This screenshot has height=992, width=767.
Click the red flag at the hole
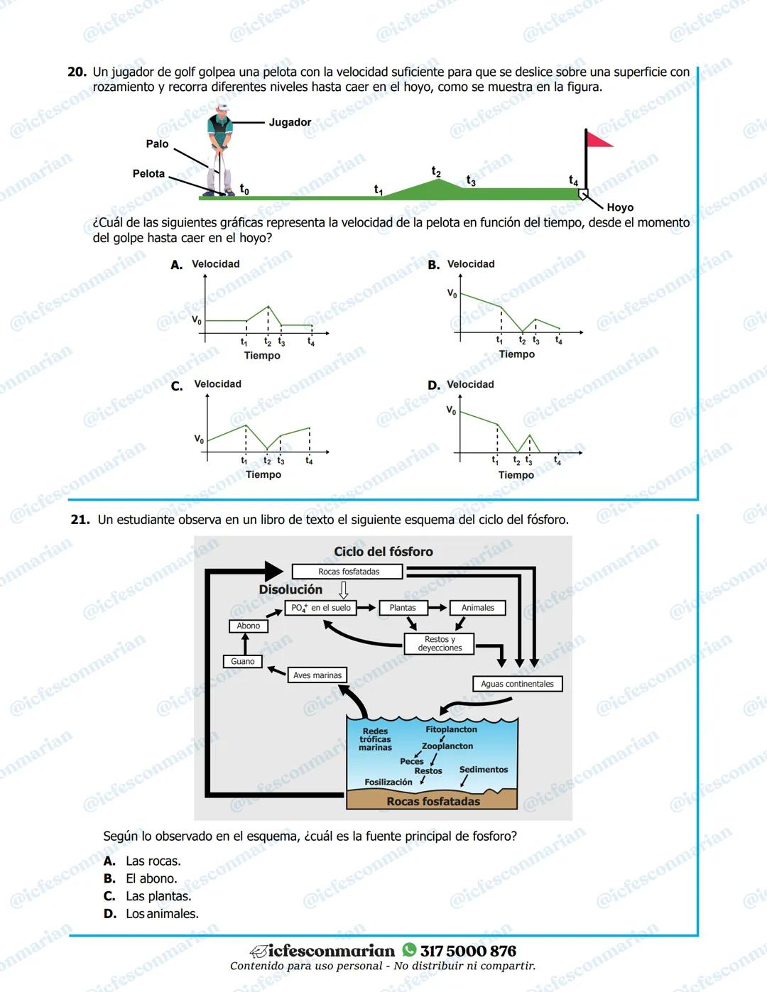tap(599, 139)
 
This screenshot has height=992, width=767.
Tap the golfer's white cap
tap(222, 107)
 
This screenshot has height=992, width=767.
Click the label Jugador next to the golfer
tap(290, 122)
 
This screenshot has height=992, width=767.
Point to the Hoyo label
tap(620, 207)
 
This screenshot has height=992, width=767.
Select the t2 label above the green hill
tap(437, 172)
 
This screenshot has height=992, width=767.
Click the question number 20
tap(77, 72)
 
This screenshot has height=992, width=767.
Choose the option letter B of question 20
tap(434, 266)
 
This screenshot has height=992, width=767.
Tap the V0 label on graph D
tap(451, 410)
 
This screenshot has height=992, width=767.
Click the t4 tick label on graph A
tap(311, 342)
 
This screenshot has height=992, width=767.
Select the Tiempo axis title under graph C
tap(263, 475)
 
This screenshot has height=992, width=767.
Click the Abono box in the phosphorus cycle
tap(249, 626)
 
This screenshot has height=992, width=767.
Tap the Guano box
tap(243, 662)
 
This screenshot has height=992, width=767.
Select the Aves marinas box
tap(317, 675)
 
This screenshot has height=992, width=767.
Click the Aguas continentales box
tap(517, 684)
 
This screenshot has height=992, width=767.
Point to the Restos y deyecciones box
tap(440, 643)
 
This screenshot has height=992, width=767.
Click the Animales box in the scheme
tap(477, 608)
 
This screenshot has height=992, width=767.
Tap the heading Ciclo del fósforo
tap(383, 552)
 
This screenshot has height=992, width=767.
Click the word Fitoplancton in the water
tap(451, 729)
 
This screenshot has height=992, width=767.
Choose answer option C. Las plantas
tap(148, 896)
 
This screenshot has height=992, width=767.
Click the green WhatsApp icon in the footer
tap(409, 950)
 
